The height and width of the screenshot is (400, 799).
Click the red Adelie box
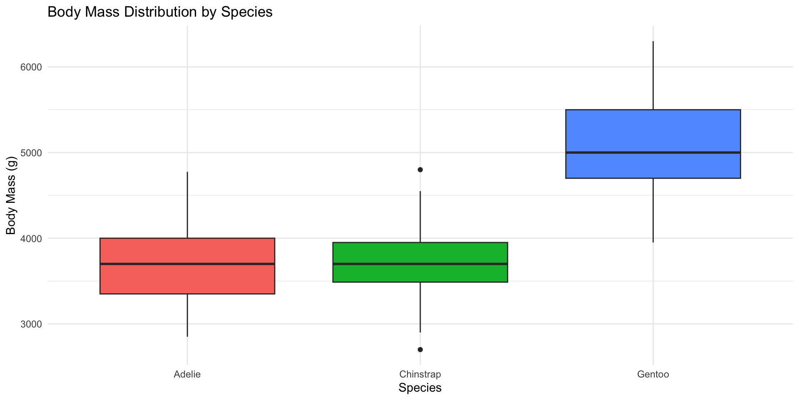[x=187, y=279]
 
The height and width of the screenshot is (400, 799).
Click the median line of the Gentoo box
[x=653, y=152]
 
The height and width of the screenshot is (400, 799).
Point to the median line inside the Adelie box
[x=187, y=264]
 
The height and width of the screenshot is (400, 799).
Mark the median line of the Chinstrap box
[x=420, y=264]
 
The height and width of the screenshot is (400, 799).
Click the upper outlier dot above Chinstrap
[x=420, y=170]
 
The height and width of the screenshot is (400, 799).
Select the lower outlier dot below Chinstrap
[x=420, y=350]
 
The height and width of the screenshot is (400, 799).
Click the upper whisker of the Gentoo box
[x=653, y=75]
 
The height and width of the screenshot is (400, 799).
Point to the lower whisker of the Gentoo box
[x=653, y=210]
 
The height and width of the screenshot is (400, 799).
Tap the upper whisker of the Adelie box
[x=187, y=204]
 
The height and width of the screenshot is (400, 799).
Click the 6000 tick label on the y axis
[x=31, y=67]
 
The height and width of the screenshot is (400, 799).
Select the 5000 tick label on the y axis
[x=31, y=153]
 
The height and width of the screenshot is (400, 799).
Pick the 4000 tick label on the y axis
[x=31, y=239]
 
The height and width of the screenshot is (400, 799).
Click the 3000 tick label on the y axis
[x=31, y=324]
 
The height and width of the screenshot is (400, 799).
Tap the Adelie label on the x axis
[x=187, y=374]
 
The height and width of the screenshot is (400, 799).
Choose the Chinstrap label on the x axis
[x=420, y=374]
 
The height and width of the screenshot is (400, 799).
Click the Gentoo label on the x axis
[x=653, y=374]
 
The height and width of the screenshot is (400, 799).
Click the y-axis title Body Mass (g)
[x=11, y=196]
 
